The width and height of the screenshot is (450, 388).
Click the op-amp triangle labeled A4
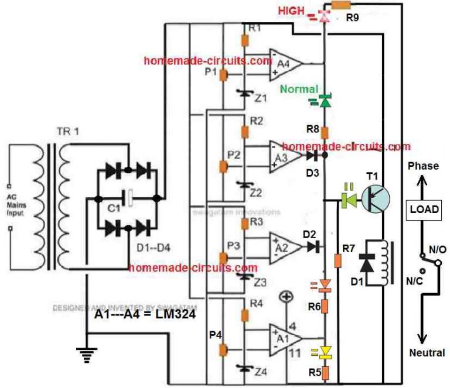[284, 63]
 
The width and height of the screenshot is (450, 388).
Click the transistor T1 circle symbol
[375, 198]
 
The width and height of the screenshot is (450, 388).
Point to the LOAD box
[424, 209]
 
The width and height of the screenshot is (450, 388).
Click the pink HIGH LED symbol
[324, 16]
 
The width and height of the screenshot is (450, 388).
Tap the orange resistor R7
[337, 259]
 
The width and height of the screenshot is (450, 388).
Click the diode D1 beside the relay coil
[366, 263]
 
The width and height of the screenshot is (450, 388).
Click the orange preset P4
[223, 350]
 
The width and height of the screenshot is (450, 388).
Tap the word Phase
[423, 166]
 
